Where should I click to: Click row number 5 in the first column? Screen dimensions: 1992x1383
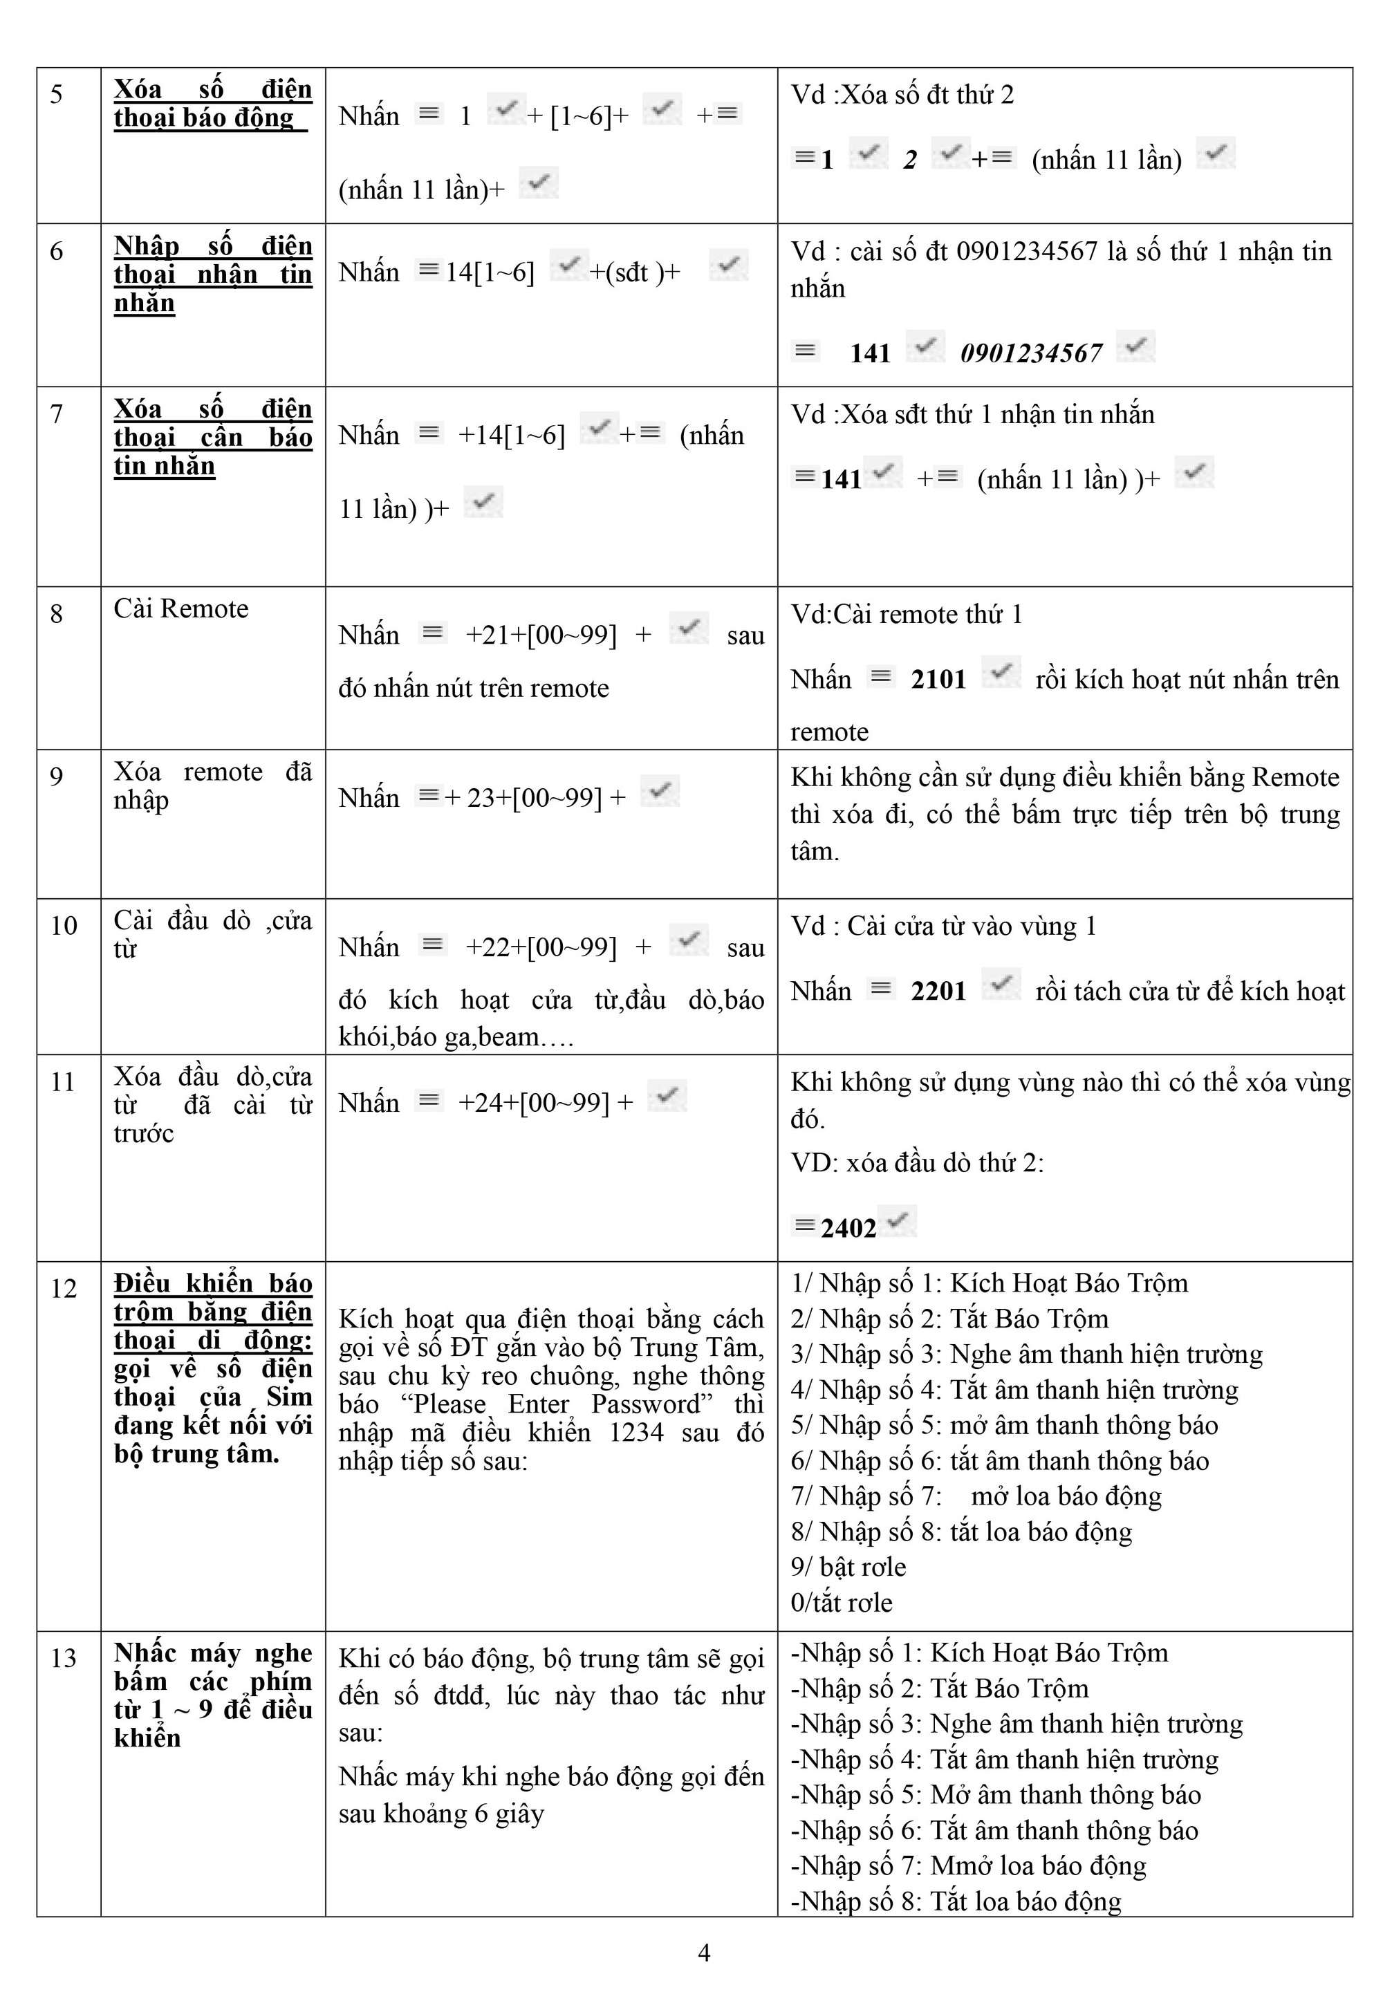coord(56,93)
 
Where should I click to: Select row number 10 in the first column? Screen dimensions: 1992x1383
coord(63,924)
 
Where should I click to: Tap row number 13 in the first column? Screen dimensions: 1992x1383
coord(63,1657)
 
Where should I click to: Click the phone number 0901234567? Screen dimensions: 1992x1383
coord(1030,353)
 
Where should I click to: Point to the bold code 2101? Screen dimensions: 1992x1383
coord(938,679)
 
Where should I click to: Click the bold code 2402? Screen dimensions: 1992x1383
coord(848,1228)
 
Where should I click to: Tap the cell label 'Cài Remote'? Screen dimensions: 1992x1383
coord(181,608)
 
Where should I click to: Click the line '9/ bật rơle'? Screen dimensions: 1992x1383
coord(848,1567)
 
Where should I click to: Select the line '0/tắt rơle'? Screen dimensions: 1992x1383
coord(841,1602)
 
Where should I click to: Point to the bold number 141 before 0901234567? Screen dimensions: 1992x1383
coord(869,353)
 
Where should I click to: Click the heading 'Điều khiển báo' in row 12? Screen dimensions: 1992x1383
coord(212,1283)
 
